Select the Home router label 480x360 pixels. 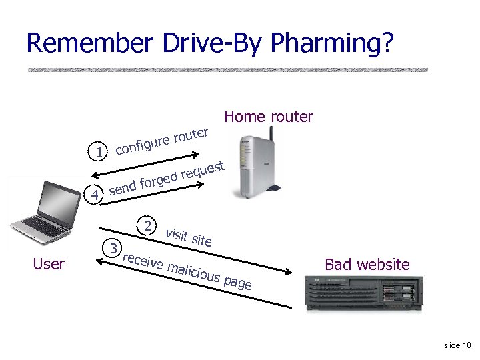tap(269, 117)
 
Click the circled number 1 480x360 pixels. tap(99, 152)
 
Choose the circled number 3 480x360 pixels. tap(114, 249)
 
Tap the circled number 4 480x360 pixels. tap(97, 195)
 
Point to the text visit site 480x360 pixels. tap(189, 237)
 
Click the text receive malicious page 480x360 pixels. tap(188, 271)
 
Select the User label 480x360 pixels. tap(49, 264)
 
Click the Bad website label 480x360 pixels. tap(367, 265)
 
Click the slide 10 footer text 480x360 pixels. tap(457, 345)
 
